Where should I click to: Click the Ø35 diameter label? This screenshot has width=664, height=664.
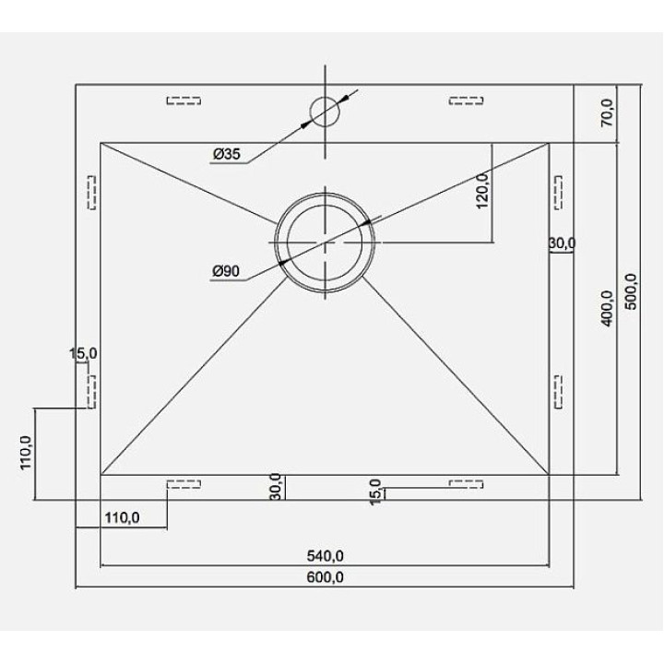(227, 154)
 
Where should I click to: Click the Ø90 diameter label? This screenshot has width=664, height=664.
(226, 270)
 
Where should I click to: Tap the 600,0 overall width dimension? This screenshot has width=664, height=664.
(325, 577)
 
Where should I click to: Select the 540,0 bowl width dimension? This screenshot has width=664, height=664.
(325, 555)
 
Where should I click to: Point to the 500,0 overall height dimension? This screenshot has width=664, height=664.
(631, 291)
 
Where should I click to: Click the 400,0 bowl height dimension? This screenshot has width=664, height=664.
(607, 308)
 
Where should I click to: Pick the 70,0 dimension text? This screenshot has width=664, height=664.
(607, 113)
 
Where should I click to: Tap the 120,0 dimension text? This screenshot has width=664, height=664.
(482, 191)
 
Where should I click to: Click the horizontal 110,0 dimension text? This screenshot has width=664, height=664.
(122, 517)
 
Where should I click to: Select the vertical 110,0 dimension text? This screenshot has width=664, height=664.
(26, 452)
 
